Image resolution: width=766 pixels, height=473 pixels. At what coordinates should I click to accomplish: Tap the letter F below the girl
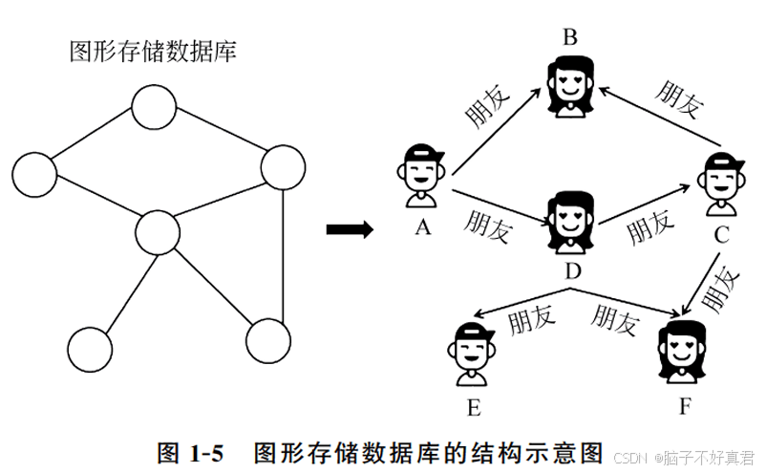pos(685,407)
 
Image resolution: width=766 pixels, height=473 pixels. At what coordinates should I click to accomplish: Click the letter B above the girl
pos(570,38)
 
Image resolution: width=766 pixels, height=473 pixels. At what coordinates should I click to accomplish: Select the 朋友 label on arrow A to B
pos(488,109)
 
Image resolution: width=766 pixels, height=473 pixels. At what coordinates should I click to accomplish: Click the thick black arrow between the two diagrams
pos(348,229)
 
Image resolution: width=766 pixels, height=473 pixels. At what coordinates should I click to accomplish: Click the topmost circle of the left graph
pos(155,107)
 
